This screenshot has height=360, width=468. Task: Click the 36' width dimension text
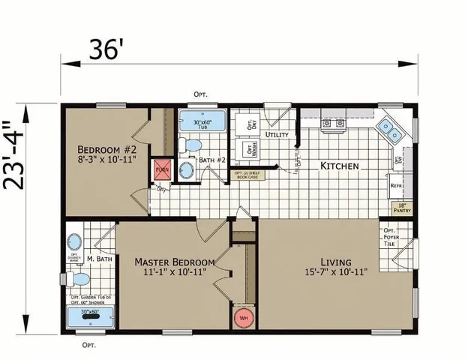pyautogui.click(x=105, y=49)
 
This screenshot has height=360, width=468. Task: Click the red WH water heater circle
pyautogui.click(x=242, y=316)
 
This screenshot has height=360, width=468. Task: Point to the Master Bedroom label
pyautogui.click(x=174, y=266)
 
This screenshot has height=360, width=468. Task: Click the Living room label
pyautogui.click(x=334, y=266)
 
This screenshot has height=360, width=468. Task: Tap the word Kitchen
pyautogui.click(x=339, y=165)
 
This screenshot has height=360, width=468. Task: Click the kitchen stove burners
pyautogui.click(x=332, y=123)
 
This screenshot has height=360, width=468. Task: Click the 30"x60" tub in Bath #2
pyautogui.click(x=199, y=123)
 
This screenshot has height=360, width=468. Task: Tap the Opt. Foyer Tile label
pyautogui.click(x=391, y=236)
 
